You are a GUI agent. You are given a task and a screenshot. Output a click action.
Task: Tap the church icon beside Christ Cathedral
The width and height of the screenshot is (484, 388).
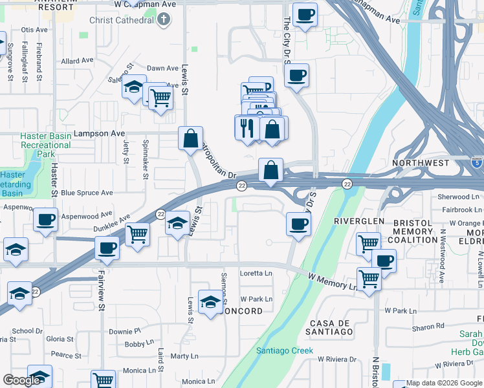point(164,20)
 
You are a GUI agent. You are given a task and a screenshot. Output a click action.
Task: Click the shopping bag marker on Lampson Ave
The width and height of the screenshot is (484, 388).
point(191,138)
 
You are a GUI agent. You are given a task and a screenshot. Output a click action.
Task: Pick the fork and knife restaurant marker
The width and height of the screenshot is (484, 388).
point(246,127)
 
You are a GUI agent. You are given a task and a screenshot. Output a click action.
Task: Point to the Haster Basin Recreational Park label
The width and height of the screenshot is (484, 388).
point(45,145)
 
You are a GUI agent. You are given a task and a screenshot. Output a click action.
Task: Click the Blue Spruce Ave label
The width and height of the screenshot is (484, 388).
point(87,193)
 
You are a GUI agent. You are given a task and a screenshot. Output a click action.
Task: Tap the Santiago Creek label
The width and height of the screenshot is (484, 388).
point(285,350)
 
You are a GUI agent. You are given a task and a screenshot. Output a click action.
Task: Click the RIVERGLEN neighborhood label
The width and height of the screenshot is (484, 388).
point(355,221)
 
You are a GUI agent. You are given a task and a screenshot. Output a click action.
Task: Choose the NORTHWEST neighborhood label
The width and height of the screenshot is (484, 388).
point(421,163)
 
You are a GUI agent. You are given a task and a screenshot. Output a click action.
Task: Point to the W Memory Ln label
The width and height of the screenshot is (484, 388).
point(333,281)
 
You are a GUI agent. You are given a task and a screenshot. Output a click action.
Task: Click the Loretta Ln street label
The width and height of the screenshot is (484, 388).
point(256,274)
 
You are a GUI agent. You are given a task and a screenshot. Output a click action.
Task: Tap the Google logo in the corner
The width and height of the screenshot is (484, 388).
point(21,380)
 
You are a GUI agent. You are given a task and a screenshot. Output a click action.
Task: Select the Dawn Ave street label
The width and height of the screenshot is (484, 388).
point(162,68)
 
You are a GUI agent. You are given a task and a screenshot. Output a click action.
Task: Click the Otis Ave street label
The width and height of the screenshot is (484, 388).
point(34,30)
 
